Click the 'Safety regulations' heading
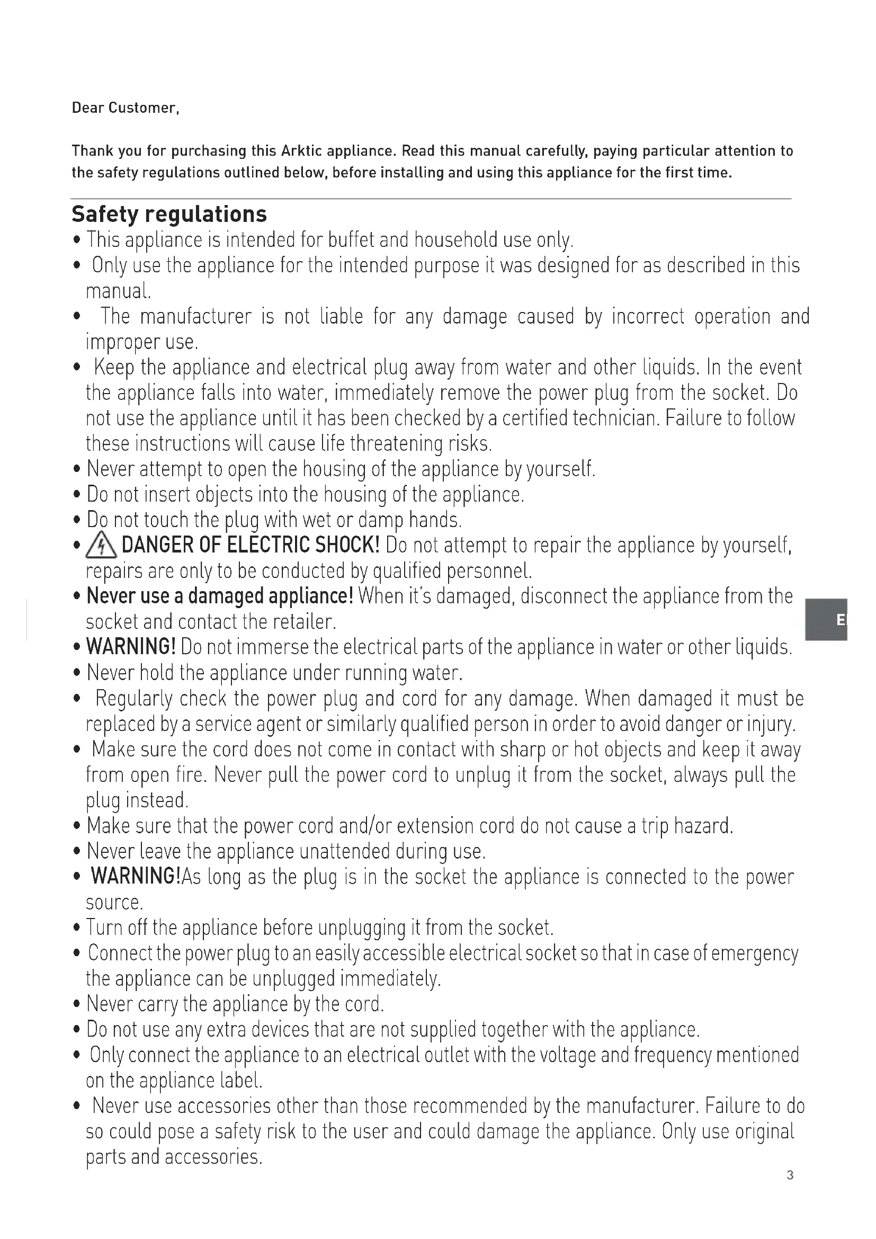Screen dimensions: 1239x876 click(169, 214)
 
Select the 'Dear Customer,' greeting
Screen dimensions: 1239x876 click(125, 108)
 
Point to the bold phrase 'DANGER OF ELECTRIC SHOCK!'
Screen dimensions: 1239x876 click(251, 545)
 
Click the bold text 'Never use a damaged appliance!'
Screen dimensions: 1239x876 click(220, 596)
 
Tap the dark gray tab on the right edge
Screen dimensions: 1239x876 click(826, 620)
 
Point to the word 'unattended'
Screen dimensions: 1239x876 click(345, 851)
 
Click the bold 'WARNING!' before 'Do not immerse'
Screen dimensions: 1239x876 click(130, 646)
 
